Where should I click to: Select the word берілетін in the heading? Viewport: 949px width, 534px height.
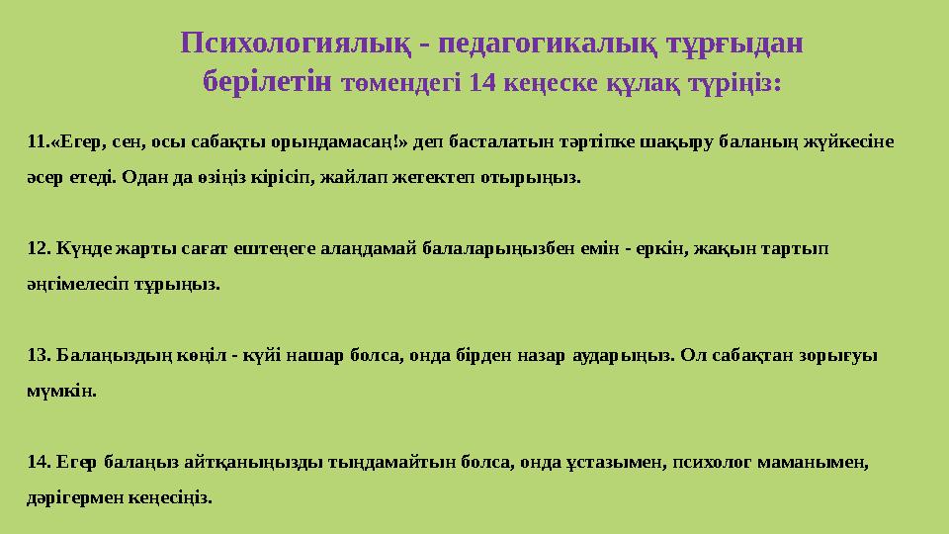coord(266,81)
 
